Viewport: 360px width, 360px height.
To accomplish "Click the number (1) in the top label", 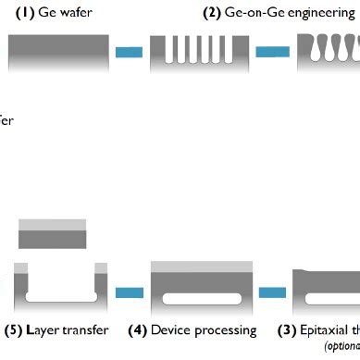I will (21, 12).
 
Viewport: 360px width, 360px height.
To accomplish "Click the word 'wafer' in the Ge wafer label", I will (77, 12).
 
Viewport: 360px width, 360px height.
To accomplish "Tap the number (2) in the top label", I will (216, 12).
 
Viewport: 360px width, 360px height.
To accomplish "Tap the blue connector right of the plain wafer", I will (130, 52).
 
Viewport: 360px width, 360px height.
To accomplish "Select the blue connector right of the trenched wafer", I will (272, 52).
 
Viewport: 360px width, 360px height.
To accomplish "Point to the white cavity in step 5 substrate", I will (61, 296).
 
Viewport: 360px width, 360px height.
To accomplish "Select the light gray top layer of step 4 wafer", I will (201, 267).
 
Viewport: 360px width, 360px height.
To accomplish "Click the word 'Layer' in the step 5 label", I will (43, 329).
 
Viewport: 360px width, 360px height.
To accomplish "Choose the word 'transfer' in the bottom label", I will (86, 329).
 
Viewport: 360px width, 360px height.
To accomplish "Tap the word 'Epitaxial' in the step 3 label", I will (325, 329).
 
